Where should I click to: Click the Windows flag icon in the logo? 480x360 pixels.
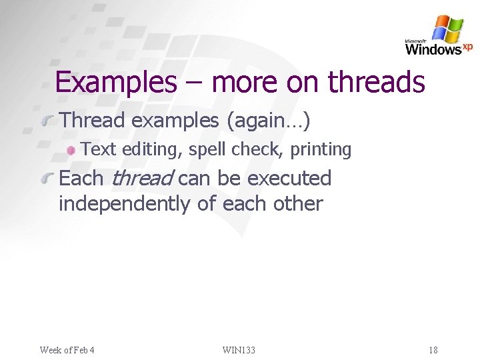tap(447, 29)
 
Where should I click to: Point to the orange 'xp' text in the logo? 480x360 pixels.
tap(467, 46)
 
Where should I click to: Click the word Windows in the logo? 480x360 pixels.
tap(433, 49)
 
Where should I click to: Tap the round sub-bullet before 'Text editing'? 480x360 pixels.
tap(71, 150)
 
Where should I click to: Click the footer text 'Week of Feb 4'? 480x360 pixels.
tap(67, 350)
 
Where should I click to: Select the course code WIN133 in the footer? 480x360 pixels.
tap(239, 350)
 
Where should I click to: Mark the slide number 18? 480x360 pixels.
tap(433, 350)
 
